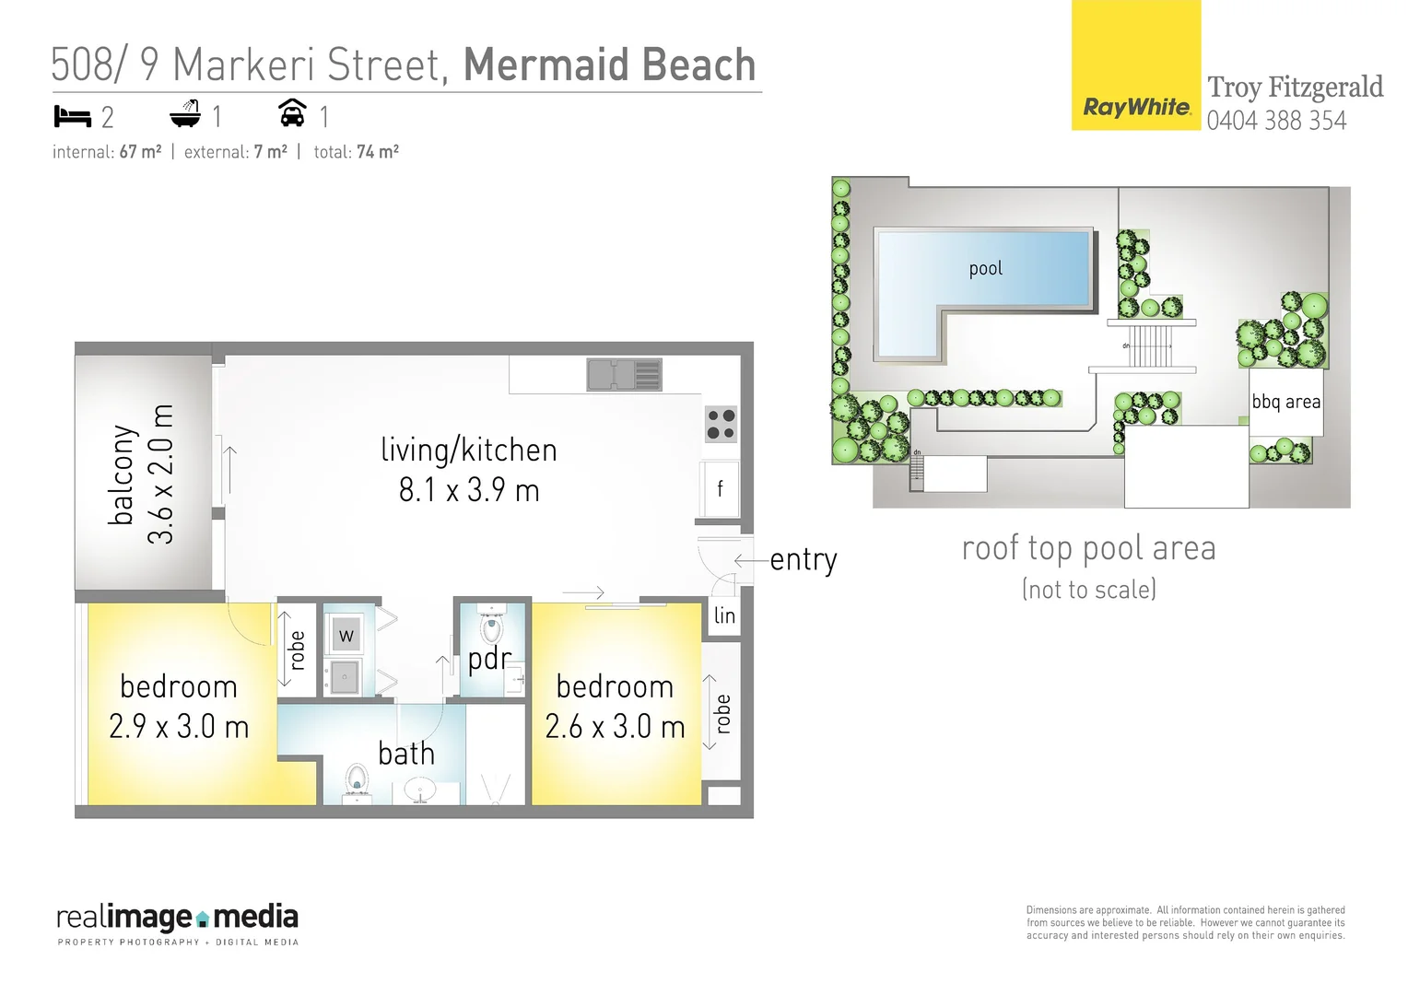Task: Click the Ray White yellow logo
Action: click(1135, 66)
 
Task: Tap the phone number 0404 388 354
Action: click(1276, 121)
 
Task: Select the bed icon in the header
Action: click(72, 116)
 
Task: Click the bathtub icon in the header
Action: click(185, 114)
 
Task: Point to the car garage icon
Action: click(292, 113)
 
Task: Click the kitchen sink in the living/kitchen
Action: click(624, 375)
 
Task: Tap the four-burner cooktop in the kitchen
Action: click(721, 425)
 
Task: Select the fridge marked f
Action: click(720, 488)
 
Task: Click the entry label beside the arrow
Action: click(804, 560)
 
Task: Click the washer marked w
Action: click(346, 635)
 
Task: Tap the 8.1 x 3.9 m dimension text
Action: click(469, 490)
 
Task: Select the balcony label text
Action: click(122, 474)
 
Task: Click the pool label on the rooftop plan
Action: click(985, 268)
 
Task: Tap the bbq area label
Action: click(1285, 402)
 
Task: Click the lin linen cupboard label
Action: click(724, 615)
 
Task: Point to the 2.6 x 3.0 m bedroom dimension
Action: click(615, 727)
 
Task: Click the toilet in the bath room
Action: click(357, 781)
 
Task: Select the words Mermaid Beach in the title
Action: click(609, 65)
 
